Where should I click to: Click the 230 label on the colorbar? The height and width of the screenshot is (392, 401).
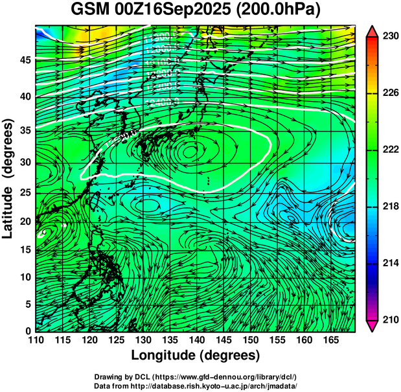(x=390, y=37)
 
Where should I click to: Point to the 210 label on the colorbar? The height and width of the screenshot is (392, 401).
(x=390, y=319)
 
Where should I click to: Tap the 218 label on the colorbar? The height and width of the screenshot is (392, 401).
(x=390, y=206)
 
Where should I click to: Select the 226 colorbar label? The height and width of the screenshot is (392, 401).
(x=390, y=93)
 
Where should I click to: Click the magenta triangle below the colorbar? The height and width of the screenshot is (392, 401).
(x=372, y=325)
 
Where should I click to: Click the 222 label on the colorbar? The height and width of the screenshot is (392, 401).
(x=390, y=150)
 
